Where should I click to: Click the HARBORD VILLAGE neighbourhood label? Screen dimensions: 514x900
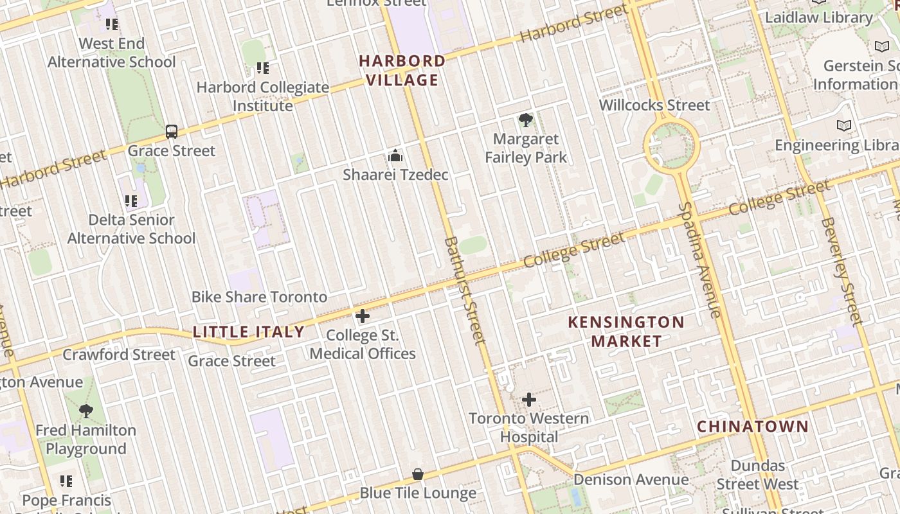402,70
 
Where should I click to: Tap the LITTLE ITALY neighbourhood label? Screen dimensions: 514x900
249,332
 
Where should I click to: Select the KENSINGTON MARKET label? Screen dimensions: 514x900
626,331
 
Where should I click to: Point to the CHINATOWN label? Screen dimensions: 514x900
753,426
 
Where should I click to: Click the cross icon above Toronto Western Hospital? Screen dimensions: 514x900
528,400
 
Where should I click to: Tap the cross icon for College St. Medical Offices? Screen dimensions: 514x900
363,316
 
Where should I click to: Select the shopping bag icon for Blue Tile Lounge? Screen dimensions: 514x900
418,474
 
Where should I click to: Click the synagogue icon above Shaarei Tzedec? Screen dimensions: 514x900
395,155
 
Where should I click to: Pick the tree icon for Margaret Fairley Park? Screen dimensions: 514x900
525,120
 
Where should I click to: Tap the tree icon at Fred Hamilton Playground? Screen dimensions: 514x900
85,411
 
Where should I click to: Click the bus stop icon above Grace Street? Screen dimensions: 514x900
171,132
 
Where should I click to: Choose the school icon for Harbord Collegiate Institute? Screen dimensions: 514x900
262,68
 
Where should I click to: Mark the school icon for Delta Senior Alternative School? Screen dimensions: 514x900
131,201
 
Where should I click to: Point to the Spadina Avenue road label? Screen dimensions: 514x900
699,260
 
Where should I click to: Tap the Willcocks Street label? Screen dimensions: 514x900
654,105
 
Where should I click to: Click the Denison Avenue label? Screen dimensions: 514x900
631,479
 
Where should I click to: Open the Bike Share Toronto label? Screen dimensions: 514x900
259,297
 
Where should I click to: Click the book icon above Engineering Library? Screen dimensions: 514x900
843,125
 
